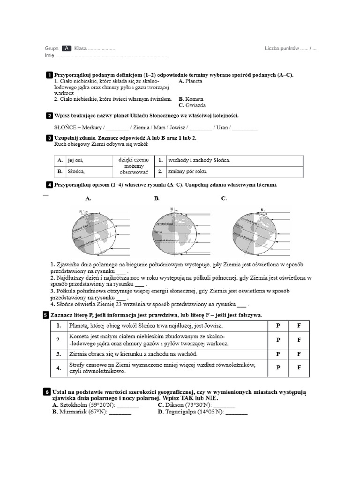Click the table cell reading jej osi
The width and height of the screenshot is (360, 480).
tap(75, 160)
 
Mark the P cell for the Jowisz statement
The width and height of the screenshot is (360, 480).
tap(278, 325)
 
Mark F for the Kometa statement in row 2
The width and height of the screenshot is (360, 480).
tap(299, 340)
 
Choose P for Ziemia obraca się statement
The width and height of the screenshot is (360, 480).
tap(278, 354)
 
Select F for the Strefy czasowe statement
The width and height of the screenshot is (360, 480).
tap(299, 368)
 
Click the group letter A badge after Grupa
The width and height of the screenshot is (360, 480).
tap(66, 48)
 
